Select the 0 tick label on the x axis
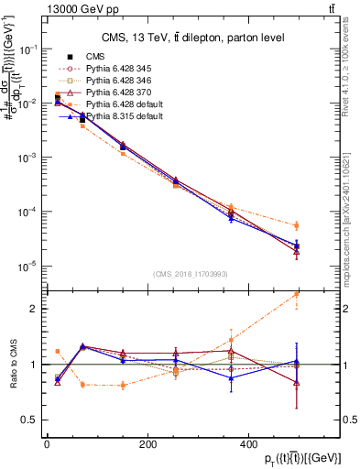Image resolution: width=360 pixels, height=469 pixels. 47,444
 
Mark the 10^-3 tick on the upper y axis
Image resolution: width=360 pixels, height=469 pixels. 27,158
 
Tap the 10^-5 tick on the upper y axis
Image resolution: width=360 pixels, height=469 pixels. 27,266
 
